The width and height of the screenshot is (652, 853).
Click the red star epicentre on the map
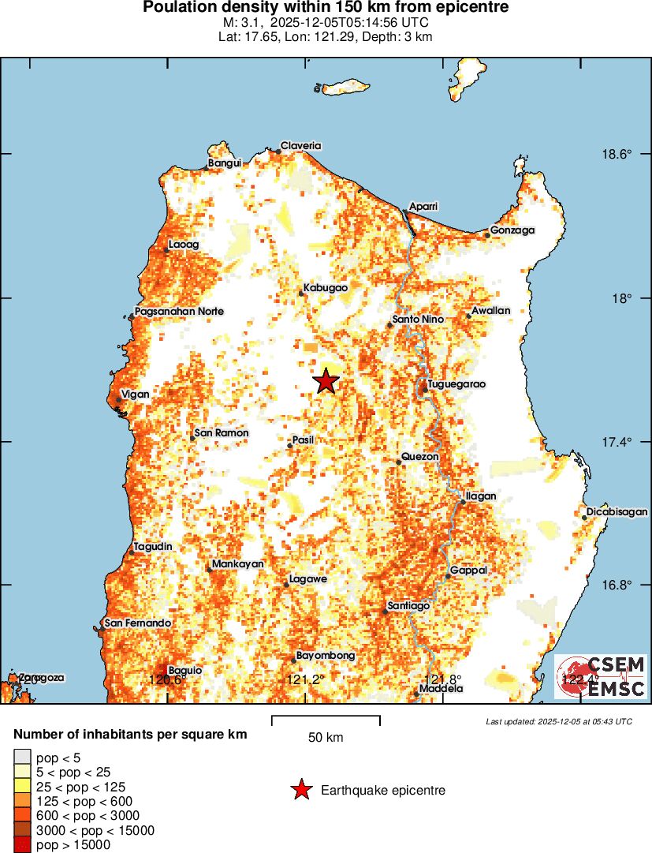tap(326, 382)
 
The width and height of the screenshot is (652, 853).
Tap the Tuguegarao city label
tap(456, 384)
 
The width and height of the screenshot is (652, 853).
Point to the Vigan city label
tap(135, 394)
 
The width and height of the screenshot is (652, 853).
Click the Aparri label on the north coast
tap(423, 207)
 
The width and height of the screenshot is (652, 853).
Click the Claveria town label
tap(301, 146)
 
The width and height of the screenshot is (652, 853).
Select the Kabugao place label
tap(326, 288)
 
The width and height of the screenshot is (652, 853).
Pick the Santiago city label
tap(408, 606)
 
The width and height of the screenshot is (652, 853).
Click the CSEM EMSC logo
tap(601, 677)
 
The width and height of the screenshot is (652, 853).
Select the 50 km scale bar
tap(326, 720)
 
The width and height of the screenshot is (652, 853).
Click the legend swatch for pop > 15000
tap(22, 845)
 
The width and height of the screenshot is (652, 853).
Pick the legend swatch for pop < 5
tap(22, 757)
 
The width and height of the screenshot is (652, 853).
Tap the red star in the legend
tap(300, 790)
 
